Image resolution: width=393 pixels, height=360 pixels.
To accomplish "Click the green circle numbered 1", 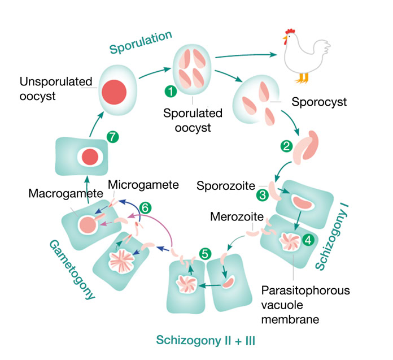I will point(169,90).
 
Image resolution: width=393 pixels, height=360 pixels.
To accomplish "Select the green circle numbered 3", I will point(262,194).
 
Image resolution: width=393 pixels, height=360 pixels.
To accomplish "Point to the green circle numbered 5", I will point(205,254).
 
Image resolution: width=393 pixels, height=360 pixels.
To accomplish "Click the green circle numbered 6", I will point(145,207).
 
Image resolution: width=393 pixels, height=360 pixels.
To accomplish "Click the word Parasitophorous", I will point(305,290).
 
